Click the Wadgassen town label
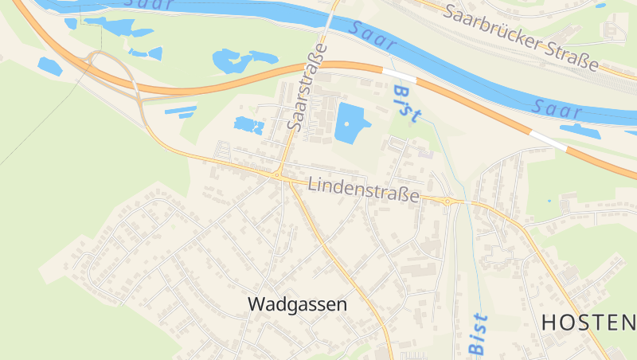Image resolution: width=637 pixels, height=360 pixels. point(298,304)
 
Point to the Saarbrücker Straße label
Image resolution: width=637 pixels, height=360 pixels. point(522,37)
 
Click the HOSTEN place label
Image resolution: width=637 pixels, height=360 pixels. point(588,323)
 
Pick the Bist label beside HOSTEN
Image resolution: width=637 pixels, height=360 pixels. point(478,334)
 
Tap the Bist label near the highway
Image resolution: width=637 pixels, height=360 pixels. point(406,104)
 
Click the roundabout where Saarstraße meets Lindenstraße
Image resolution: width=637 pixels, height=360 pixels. point(277,174)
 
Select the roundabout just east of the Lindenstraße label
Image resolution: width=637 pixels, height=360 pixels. point(447,202)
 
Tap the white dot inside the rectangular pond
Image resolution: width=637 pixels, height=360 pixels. point(347,123)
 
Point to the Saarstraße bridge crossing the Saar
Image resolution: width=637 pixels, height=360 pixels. point(330,22)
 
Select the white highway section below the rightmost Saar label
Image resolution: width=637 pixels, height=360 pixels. point(549,141)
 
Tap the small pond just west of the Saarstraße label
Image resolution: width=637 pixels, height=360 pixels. point(248,125)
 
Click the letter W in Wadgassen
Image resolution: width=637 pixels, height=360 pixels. point(256,304)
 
